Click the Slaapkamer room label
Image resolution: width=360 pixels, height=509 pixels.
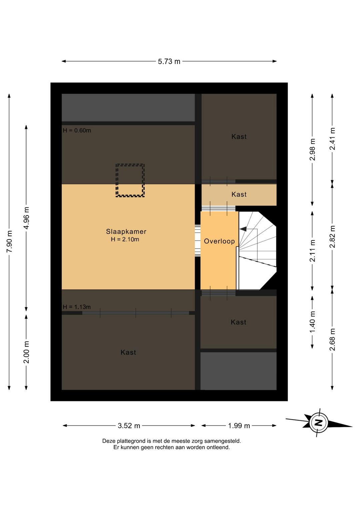click(126, 231)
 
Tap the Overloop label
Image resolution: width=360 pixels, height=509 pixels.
click(219, 241)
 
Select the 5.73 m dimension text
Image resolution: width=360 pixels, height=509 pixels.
click(169, 61)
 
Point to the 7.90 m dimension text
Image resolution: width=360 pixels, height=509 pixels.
click(9, 241)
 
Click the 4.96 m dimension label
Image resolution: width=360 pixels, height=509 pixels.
click(26, 218)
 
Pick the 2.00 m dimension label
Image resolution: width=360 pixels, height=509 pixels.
click(26, 352)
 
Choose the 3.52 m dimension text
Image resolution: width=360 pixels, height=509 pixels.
click(129, 426)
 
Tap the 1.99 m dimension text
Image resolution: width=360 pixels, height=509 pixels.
click(239, 426)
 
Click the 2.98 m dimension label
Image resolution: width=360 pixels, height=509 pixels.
click(313, 149)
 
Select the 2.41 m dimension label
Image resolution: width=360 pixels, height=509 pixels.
click(333, 139)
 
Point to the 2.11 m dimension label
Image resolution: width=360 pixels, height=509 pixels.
click(313, 250)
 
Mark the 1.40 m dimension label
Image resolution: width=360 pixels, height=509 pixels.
click(313, 322)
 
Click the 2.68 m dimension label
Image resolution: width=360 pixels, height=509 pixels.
click(333, 340)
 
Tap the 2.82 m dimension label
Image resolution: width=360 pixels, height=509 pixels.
click(333, 236)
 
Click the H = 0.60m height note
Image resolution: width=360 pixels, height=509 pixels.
click(77, 130)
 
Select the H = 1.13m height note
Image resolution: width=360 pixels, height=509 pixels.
click(77, 307)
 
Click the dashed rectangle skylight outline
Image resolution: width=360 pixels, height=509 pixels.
click(130, 164)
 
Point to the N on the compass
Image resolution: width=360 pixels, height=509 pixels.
click(319, 422)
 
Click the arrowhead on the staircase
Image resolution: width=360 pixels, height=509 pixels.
click(243, 229)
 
